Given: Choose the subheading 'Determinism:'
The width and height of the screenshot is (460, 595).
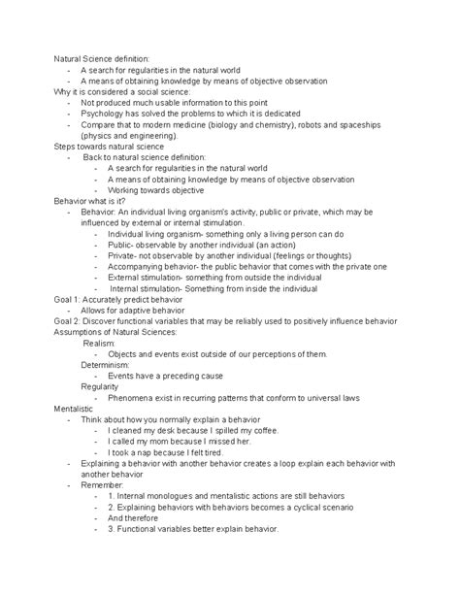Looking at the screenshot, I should click(x=107, y=369).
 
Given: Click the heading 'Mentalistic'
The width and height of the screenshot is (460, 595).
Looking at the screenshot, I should click(x=75, y=412).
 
